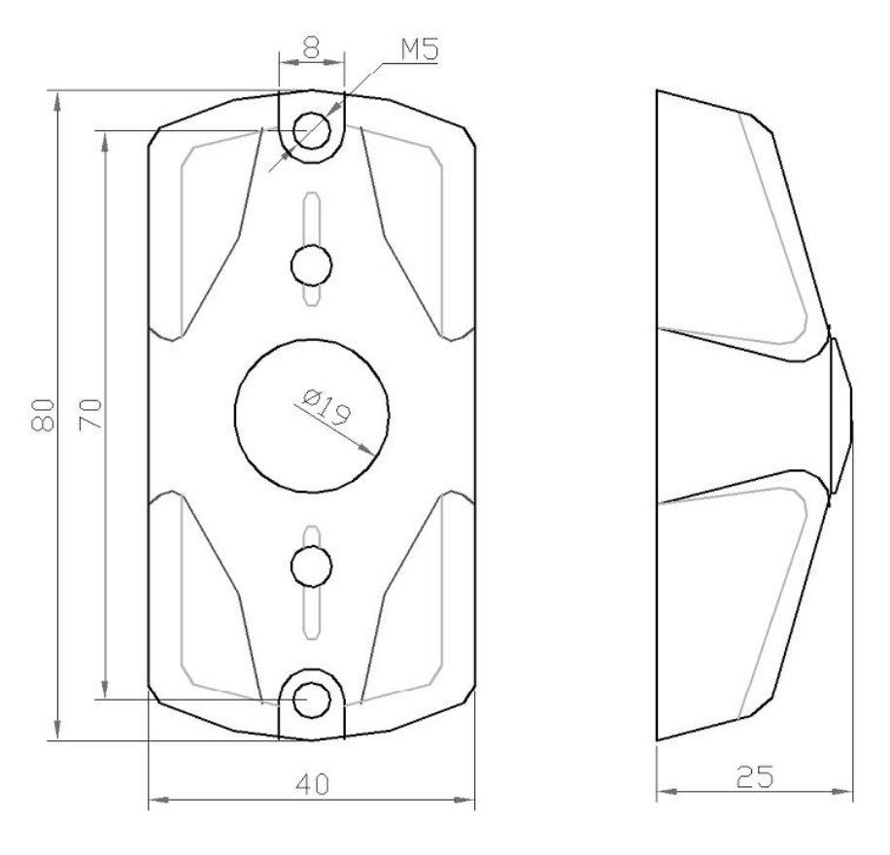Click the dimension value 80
[x=43, y=415]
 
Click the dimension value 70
[x=90, y=415]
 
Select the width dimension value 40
[x=312, y=784]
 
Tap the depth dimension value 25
[x=754, y=776]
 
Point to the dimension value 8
[x=311, y=49]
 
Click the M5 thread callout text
[x=420, y=50]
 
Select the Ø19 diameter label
[x=325, y=406]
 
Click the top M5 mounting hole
[x=312, y=130]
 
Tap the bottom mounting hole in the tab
[x=312, y=700]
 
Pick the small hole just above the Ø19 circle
[x=311, y=265]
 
